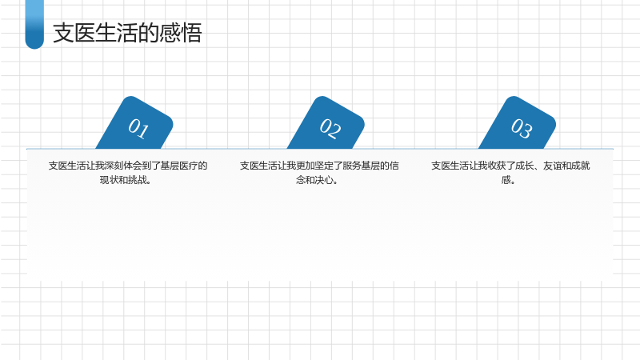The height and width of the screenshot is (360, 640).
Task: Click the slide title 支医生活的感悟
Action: point(127,33)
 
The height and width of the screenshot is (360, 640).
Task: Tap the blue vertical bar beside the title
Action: point(34,25)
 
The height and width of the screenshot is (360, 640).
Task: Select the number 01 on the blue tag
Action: point(138,129)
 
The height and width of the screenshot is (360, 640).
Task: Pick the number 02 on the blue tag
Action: point(330,129)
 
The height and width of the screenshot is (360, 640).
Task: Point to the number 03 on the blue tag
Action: point(522,129)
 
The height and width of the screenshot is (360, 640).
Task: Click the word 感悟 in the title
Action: point(181,33)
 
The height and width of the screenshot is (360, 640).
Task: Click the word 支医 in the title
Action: point(74,33)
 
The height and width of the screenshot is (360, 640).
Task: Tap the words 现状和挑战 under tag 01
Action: point(123,180)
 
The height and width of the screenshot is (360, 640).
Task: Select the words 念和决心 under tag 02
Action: point(314,180)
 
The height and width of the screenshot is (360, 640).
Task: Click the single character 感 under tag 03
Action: point(506,180)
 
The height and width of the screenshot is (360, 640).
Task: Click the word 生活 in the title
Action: point(117,33)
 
